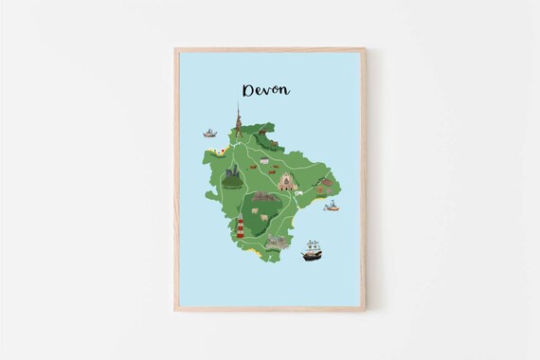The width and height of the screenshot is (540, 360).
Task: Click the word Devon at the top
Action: (x=266, y=90)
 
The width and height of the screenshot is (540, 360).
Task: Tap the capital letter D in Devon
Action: (x=249, y=90)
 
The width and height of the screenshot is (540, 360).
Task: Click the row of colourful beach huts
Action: (x=219, y=151)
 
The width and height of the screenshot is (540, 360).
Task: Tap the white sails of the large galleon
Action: (x=312, y=246)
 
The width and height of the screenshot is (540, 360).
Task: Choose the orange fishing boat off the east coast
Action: (x=331, y=206)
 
